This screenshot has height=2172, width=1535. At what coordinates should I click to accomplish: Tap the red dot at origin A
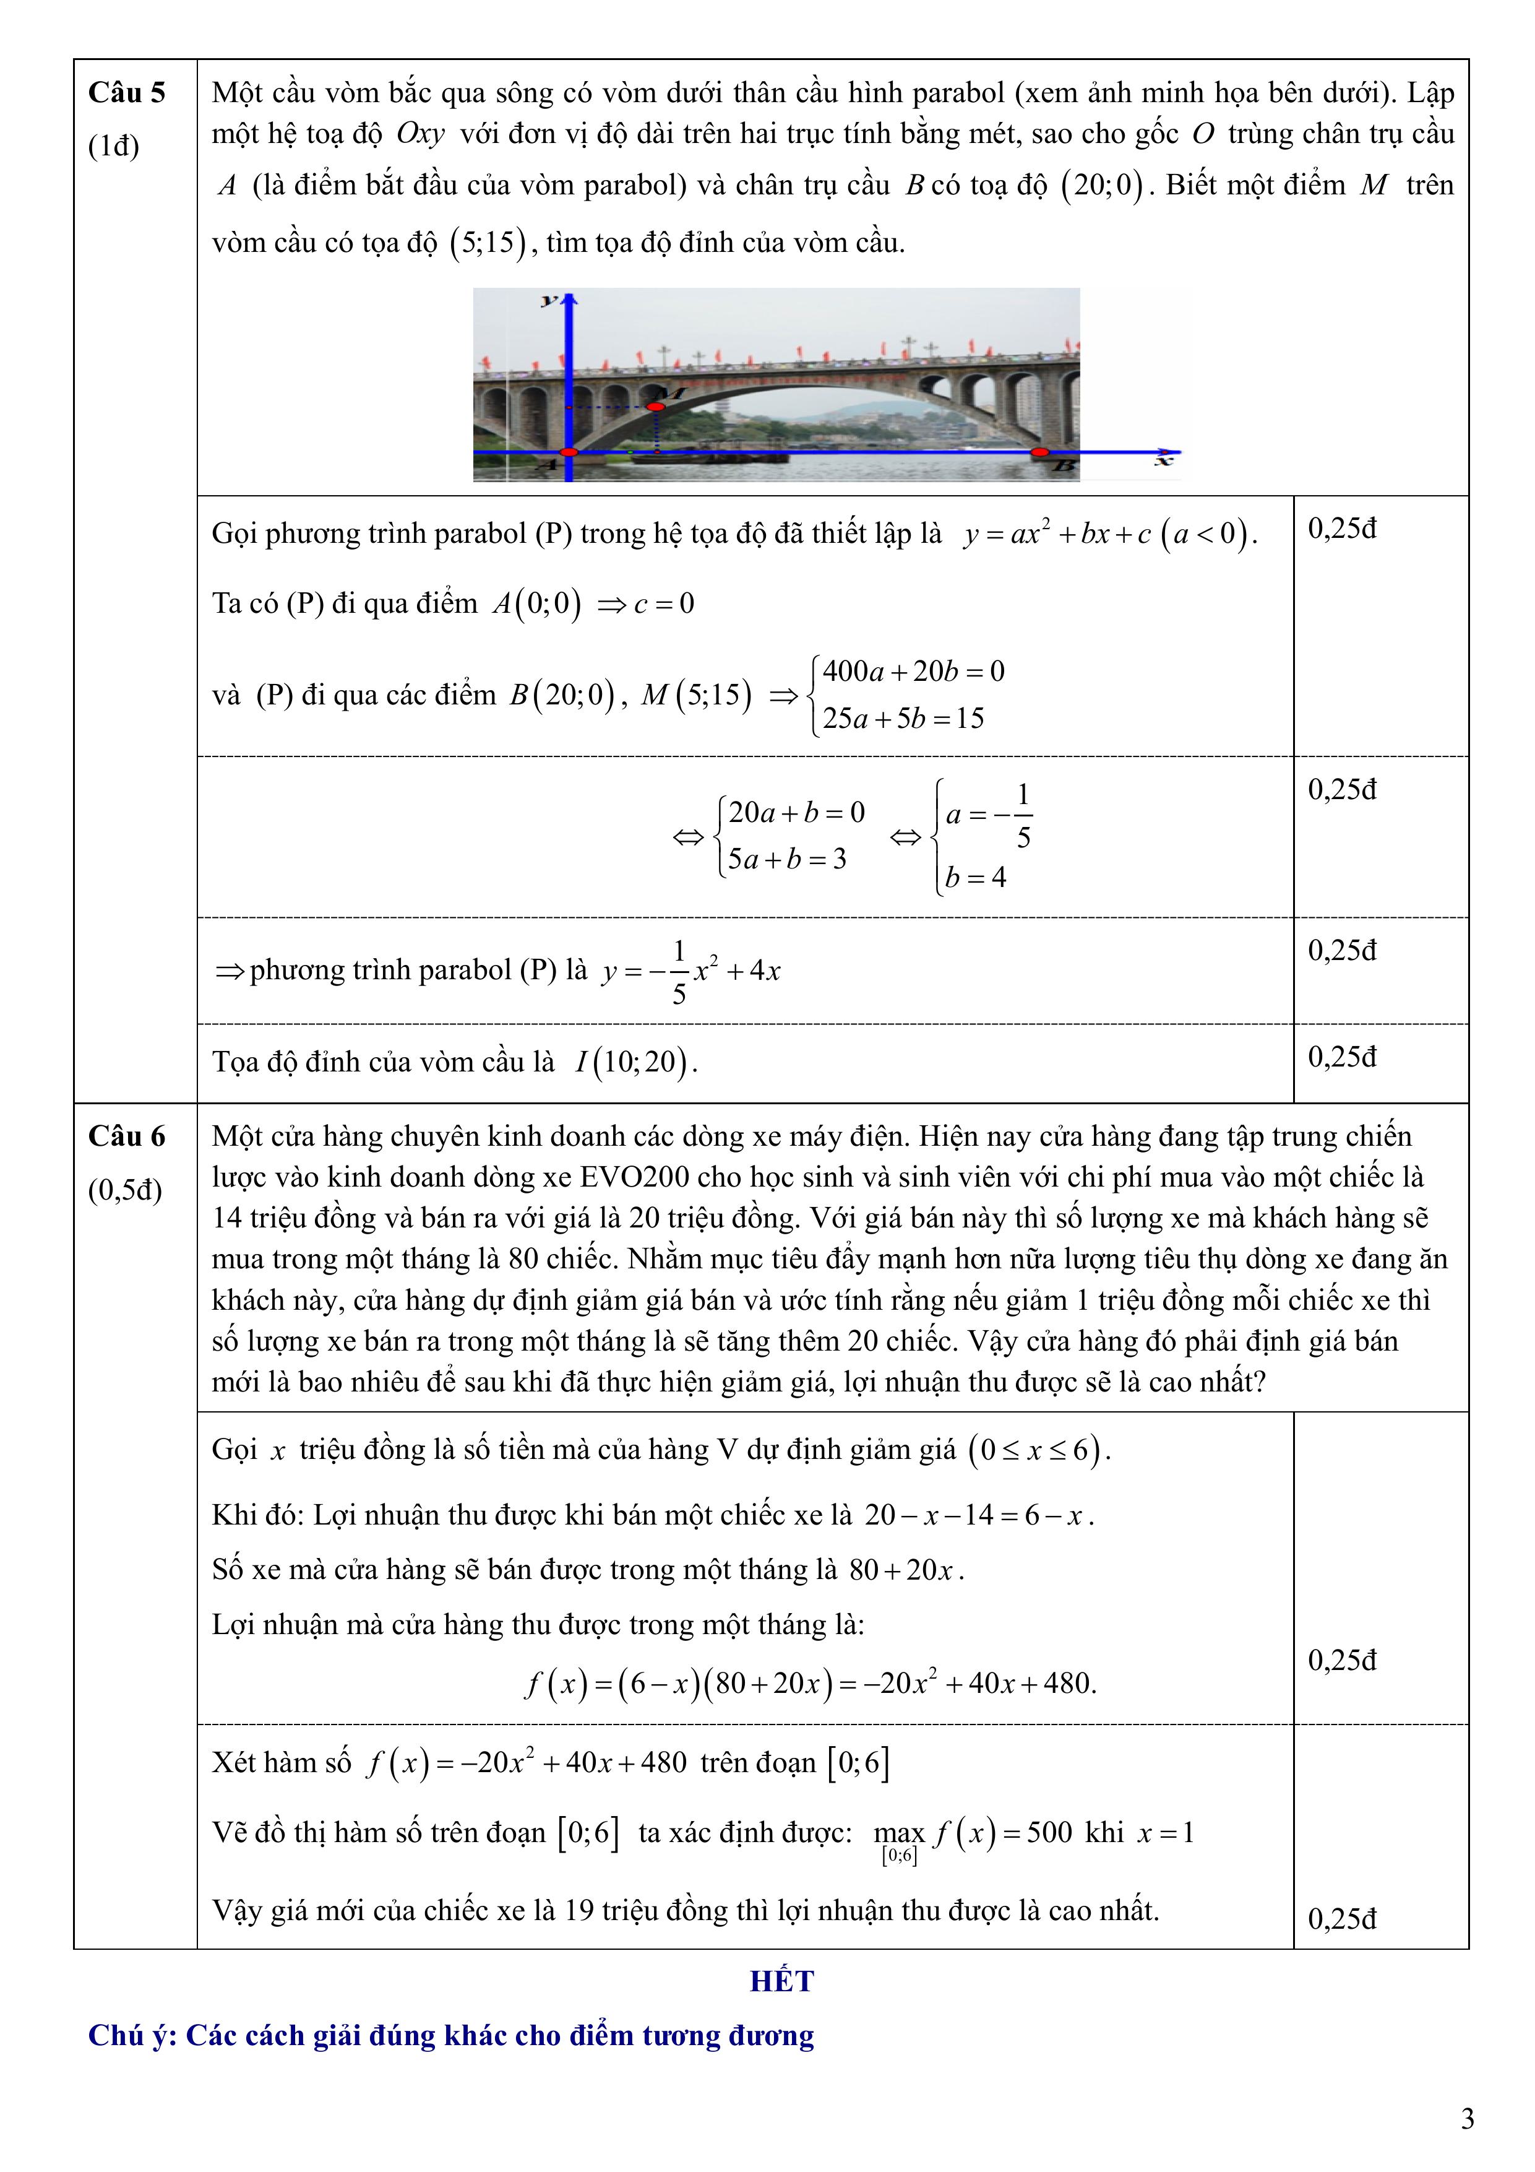click(x=569, y=453)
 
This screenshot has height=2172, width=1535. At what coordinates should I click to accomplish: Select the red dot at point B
click(x=1039, y=453)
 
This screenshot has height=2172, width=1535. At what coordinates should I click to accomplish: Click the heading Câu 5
click(x=127, y=93)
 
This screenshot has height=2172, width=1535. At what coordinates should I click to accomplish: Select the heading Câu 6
click(x=127, y=1136)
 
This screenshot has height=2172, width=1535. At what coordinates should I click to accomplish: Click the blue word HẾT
click(x=781, y=1981)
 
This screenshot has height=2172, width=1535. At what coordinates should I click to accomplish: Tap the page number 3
click(x=1467, y=2120)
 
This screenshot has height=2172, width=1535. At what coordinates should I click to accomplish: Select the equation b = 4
click(x=975, y=878)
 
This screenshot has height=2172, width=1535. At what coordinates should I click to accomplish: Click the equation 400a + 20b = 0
click(x=913, y=672)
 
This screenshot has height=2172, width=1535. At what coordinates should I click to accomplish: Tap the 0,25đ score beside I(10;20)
click(x=1342, y=1057)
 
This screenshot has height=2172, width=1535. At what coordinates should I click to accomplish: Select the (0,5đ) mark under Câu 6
click(x=125, y=1190)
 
